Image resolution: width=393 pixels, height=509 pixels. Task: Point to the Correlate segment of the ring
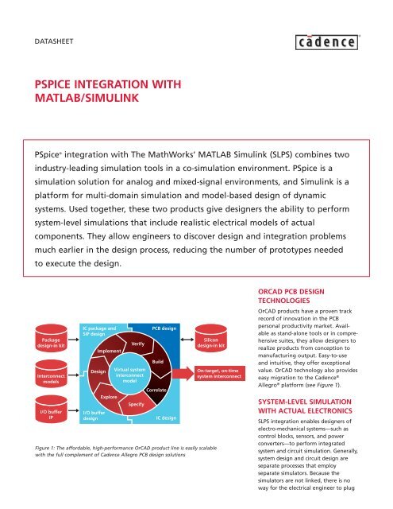click(156, 391)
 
